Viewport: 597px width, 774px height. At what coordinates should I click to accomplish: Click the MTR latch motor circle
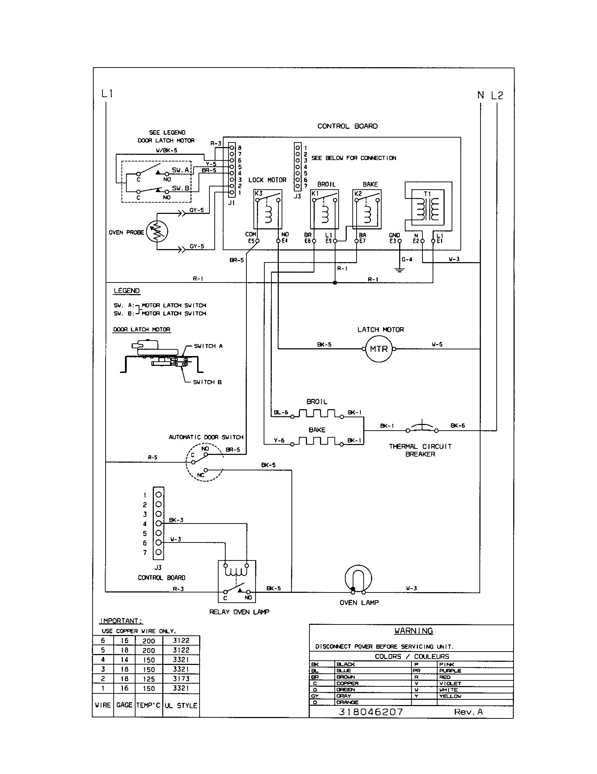pyautogui.click(x=379, y=349)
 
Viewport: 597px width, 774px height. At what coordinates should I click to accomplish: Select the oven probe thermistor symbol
pyautogui.click(x=157, y=232)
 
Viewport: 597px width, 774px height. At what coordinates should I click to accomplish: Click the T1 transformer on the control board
pyautogui.click(x=428, y=208)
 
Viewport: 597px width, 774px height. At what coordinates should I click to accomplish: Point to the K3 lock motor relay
pyautogui.click(x=268, y=209)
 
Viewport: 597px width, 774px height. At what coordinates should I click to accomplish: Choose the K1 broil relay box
pyautogui.click(x=324, y=209)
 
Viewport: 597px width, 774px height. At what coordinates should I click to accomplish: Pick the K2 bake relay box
pyautogui.click(x=366, y=209)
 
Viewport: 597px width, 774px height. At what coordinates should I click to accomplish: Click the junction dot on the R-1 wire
pyautogui.click(x=335, y=283)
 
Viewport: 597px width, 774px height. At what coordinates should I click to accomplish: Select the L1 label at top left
pyautogui.click(x=107, y=94)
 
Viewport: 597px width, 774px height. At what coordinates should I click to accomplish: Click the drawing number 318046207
pyautogui.click(x=371, y=712)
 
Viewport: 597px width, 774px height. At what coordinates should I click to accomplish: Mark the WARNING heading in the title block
pyautogui.click(x=413, y=630)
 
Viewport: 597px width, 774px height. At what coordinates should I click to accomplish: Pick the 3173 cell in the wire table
pyautogui.click(x=181, y=678)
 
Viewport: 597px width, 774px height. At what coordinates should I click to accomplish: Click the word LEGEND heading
pyautogui.click(x=127, y=291)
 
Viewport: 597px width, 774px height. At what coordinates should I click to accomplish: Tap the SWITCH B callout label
pyautogui.click(x=207, y=382)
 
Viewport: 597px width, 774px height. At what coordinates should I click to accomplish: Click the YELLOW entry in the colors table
pyautogui.click(x=450, y=696)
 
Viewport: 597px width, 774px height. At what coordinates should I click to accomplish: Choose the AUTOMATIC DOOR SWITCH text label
pyautogui.click(x=206, y=437)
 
